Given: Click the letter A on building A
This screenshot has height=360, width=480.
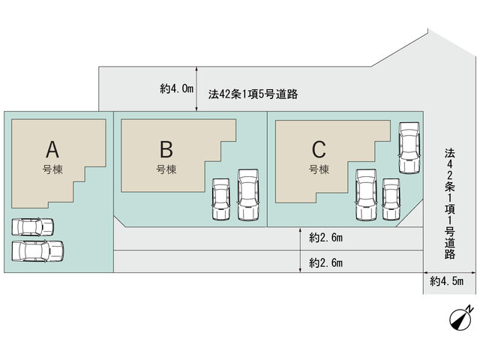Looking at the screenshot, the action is tap(52, 149).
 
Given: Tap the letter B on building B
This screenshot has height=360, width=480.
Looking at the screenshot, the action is tap(166, 149).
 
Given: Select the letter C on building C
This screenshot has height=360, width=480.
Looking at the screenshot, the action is tap(319, 149).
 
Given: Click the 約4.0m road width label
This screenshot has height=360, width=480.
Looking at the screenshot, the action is tap(177, 88).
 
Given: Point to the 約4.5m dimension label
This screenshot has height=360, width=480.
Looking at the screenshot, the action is tap(447, 281).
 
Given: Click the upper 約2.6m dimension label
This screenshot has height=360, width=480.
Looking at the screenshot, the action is tap(325, 238).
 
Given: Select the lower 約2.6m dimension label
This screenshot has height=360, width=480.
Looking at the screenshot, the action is tap(325, 263).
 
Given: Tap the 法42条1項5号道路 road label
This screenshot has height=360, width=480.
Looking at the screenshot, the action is tap(253, 94).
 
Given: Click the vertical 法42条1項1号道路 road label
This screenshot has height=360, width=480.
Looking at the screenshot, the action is tap(450, 203).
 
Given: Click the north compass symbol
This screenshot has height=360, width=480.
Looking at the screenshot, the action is tap(460, 319).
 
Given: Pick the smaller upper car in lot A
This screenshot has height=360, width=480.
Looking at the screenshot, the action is tap(32, 226).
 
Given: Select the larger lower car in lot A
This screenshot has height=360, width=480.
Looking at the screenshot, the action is tap(37, 251).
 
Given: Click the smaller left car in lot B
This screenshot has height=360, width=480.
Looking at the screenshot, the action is tap(220, 199).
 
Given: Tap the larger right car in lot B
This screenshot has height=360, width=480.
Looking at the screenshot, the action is tap(248, 195).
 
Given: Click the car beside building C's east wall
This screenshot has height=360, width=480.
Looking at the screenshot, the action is tap(409, 148).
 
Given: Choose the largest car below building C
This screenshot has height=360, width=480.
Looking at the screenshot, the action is tap(366, 195).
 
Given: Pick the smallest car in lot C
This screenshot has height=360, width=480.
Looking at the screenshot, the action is tap(391, 199).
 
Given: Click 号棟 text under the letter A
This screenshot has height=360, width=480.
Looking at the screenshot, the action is tap(52, 169).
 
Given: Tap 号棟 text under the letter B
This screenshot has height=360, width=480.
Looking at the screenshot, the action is tap(166, 169).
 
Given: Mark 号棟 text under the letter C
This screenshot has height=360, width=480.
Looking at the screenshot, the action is tap(319, 169).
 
